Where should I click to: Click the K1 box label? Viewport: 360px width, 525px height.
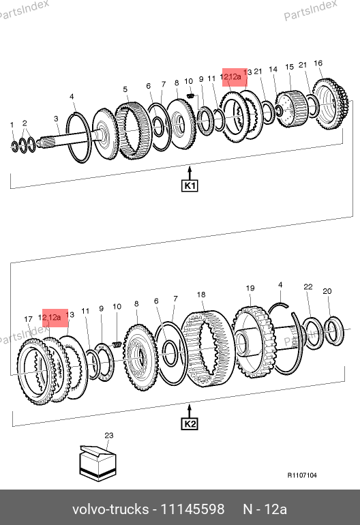[x=190, y=185]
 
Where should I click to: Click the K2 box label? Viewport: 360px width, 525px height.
[x=190, y=424]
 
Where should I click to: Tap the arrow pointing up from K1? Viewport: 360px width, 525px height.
[x=190, y=173]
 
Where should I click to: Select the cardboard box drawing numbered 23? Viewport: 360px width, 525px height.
[x=97, y=464]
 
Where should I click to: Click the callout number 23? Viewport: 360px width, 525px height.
[x=109, y=435]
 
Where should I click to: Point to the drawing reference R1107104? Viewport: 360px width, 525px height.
[x=302, y=475]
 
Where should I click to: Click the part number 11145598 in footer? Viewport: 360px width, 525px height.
[x=192, y=509]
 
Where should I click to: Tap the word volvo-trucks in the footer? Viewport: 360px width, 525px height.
[x=110, y=509]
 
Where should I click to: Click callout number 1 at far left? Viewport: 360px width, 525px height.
[x=12, y=125]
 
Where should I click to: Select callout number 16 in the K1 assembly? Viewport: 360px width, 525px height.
[x=318, y=63]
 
